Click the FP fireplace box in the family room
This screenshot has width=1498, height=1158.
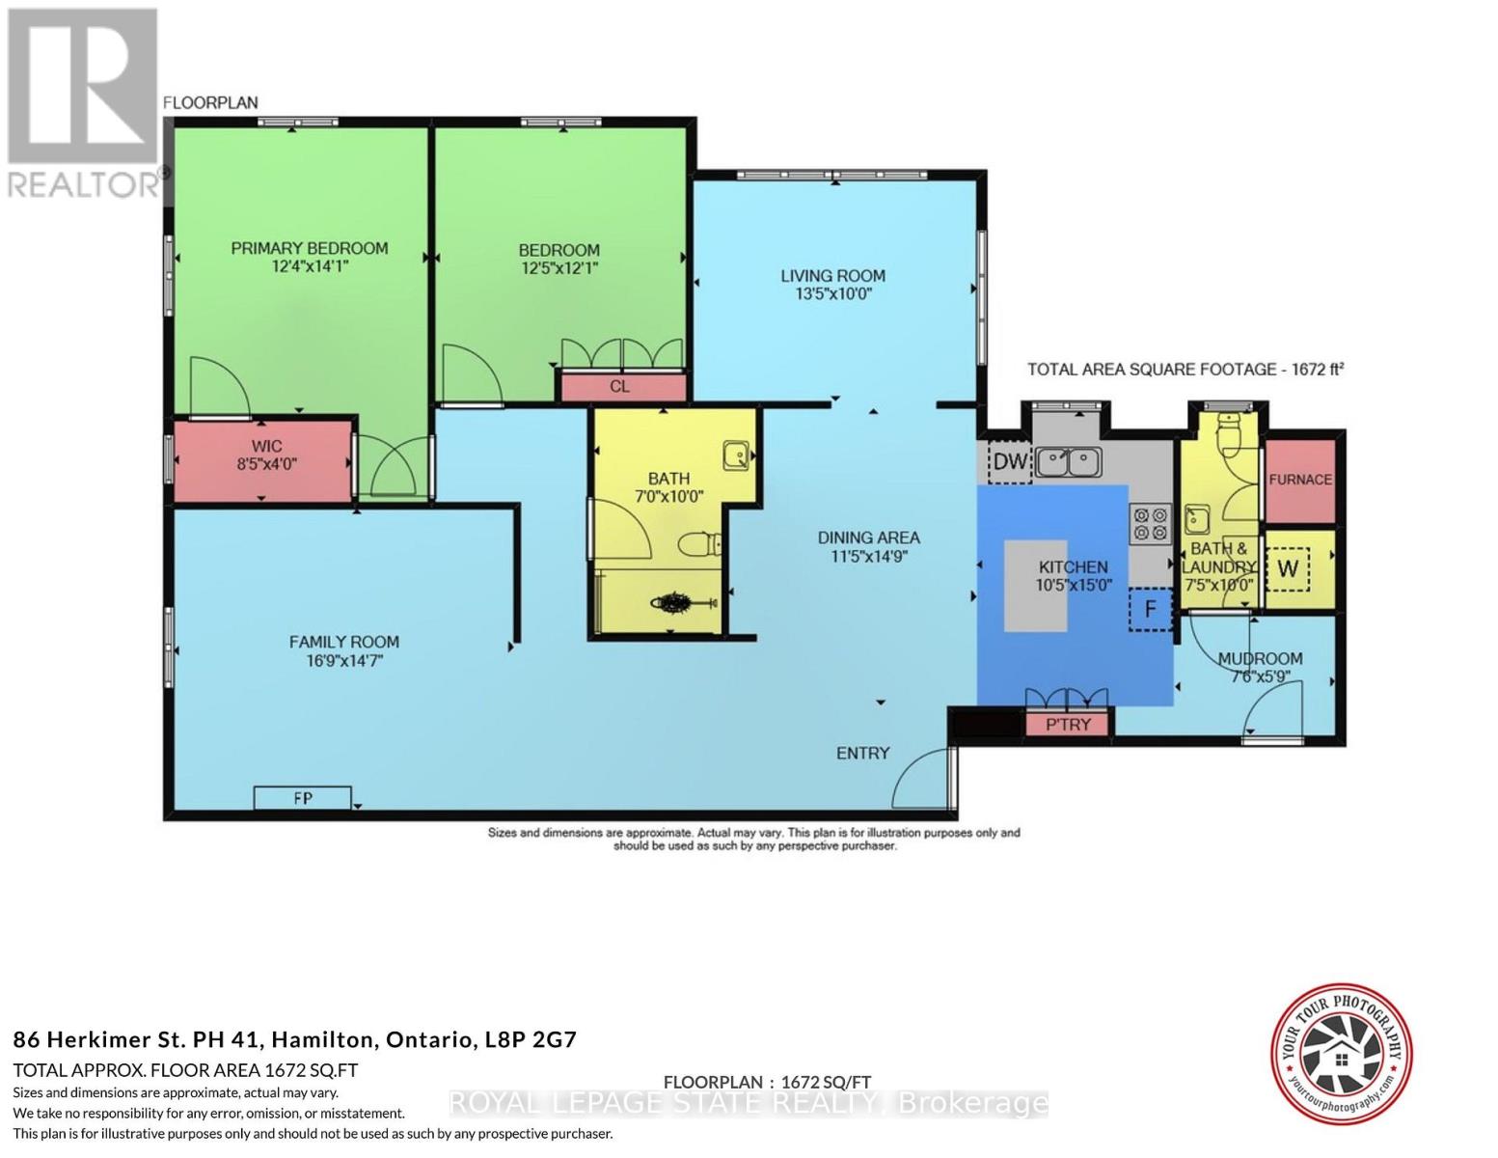(302, 798)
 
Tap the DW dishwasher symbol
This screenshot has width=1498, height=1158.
(1010, 461)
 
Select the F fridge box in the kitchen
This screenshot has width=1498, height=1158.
(1150, 609)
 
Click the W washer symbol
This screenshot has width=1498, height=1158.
(1287, 568)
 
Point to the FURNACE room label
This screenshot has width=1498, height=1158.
(1299, 480)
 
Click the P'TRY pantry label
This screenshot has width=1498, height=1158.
(1068, 724)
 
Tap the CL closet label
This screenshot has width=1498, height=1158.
(620, 387)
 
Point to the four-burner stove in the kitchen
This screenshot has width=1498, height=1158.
(1150, 523)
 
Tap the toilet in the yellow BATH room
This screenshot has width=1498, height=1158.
(698, 545)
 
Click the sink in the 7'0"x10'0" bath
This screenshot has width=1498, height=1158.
(737, 454)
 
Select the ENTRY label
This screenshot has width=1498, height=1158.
(862, 753)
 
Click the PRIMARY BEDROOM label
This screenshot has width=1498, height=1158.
(309, 249)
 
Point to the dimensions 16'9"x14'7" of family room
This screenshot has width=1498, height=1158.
(343, 661)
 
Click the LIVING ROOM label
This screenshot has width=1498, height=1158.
(832, 276)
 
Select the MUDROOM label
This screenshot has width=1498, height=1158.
(1260, 659)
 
